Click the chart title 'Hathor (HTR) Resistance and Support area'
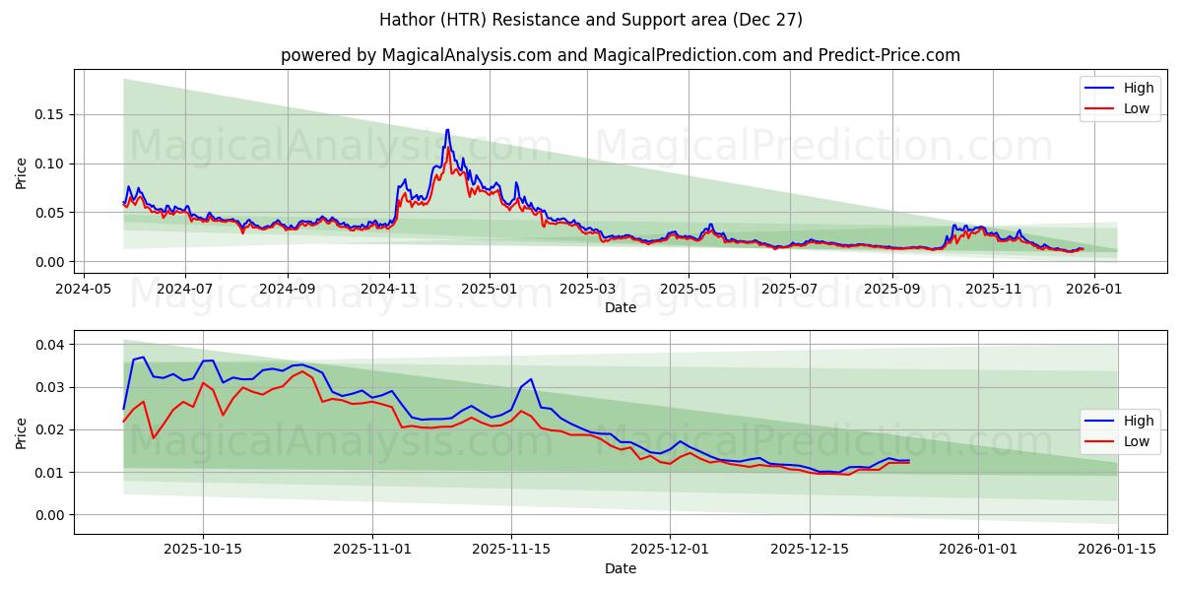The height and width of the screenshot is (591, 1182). (x=591, y=20)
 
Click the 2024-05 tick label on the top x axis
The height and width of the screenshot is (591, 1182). (x=83, y=289)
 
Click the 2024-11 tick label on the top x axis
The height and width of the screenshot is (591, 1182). (x=389, y=289)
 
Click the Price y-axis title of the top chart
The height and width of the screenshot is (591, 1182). (x=22, y=173)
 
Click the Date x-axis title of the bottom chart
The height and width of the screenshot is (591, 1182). (x=621, y=568)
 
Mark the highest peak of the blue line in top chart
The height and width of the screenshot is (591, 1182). (x=447, y=130)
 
